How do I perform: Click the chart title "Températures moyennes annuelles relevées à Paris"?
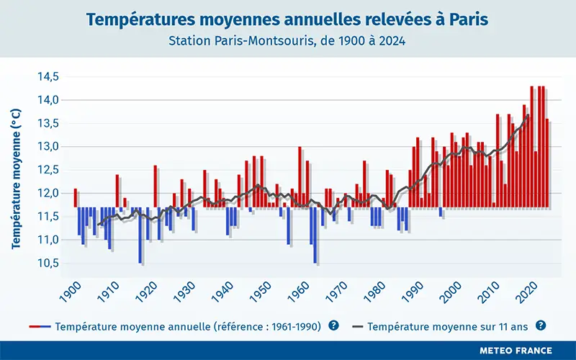point(287,19)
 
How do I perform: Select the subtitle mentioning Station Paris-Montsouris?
point(287,41)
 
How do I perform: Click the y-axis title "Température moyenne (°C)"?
point(16,178)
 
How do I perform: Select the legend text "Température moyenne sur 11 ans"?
point(448,326)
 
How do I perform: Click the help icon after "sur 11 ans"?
point(541,325)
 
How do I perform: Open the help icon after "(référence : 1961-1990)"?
point(333,325)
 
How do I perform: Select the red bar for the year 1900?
point(75,198)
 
